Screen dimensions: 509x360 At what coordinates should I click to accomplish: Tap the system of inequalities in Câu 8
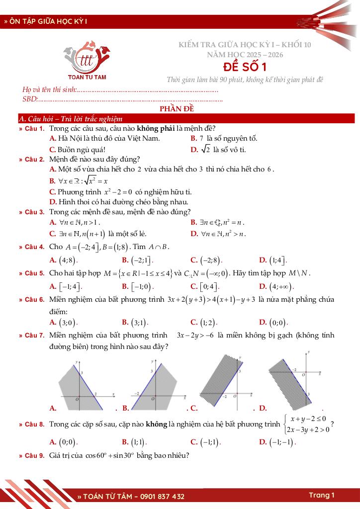point(308,424)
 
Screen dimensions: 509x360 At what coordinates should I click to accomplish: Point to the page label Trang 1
point(321,495)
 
